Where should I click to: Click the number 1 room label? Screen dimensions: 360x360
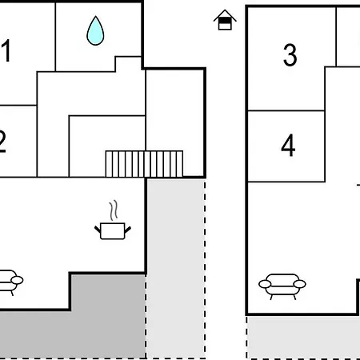click(x=6, y=50)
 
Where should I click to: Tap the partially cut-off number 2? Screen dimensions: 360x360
click(x=2, y=142)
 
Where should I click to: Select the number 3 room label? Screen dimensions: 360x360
click(x=290, y=55)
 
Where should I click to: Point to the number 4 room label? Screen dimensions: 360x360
click(x=288, y=146)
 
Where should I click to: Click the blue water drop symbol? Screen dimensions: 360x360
click(x=95, y=31)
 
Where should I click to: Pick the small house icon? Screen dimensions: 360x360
click(x=225, y=20)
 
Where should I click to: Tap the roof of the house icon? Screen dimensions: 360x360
click(x=225, y=14)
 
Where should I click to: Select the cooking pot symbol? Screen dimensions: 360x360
click(x=113, y=230)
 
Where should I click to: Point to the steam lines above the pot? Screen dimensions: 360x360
click(x=114, y=210)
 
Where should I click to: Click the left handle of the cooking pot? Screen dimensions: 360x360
click(x=98, y=229)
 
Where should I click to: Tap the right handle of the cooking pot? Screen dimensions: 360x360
click(x=128, y=229)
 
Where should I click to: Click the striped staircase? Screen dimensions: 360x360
click(x=144, y=164)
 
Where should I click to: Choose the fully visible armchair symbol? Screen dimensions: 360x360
click(x=282, y=286)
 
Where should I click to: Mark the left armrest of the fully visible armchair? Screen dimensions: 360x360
click(x=265, y=284)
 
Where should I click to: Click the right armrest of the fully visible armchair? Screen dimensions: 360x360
click(x=300, y=284)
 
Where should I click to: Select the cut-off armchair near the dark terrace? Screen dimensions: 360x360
click(x=10, y=282)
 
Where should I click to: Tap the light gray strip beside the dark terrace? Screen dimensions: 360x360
click(x=176, y=268)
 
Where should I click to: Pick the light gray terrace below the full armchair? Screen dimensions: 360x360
click(x=303, y=338)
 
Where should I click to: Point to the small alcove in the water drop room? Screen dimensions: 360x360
click(x=128, y=64)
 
